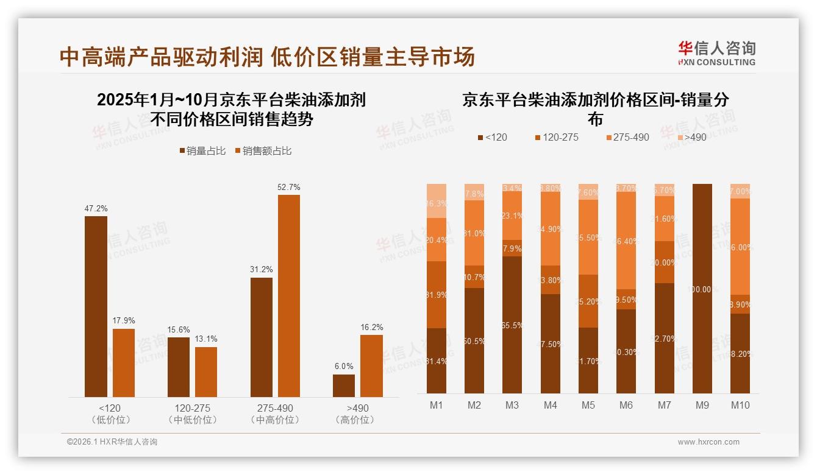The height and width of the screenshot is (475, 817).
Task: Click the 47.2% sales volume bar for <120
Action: (x=96, y=306)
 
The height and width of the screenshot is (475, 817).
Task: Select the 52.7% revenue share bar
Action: (x=289, y=296)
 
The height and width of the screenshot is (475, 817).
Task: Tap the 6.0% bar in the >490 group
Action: (x=343, y=385)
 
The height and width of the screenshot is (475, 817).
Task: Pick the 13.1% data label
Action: (x=206, y=339)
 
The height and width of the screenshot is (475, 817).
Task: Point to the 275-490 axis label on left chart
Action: (x=276, y=408)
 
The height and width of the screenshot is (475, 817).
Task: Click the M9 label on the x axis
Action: (x=702, y=405)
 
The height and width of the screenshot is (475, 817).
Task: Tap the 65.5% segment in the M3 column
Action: (x=512, y=325)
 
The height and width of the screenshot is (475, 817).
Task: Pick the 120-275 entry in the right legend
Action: (x=555, y=137)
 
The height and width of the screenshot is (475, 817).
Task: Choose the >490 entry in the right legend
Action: (x=691, y=137)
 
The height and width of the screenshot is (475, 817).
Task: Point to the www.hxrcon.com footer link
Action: (x=708, y=442)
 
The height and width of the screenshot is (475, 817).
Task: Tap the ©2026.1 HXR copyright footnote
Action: (x=112, y=442)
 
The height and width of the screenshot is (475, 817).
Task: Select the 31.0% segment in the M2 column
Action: (x=474, y=233)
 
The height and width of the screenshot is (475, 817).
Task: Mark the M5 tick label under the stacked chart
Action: (x=588, y=405)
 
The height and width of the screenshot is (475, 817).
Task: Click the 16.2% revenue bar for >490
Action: (x=371, y=365)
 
